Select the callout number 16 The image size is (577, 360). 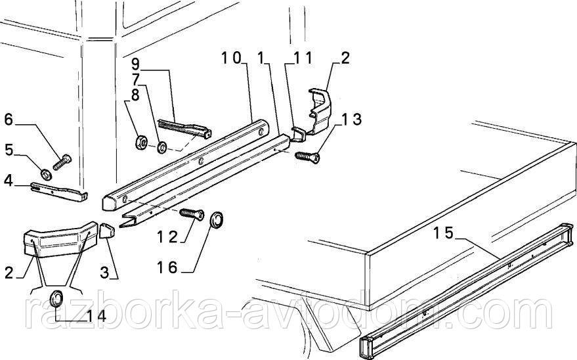click(167, 267)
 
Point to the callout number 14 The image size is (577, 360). click(96, 315)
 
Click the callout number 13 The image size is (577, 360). click(351, 119)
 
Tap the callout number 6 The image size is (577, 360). click(9, 120)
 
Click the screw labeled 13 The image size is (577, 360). click(307, 157)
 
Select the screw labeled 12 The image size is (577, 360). click(192, 213)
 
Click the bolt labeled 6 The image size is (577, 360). click(62, 162)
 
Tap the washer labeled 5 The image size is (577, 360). click(46, 173)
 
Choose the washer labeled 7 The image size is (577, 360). click(161, 148)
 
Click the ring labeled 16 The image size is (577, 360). click(217, 220)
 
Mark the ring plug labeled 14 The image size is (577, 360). click(56, 298)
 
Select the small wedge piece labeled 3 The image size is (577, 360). click(107, 231)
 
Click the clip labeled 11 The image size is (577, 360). click(299, 133)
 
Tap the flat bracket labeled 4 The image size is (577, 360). click(60, 191)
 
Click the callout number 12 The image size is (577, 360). click(167, 236)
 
